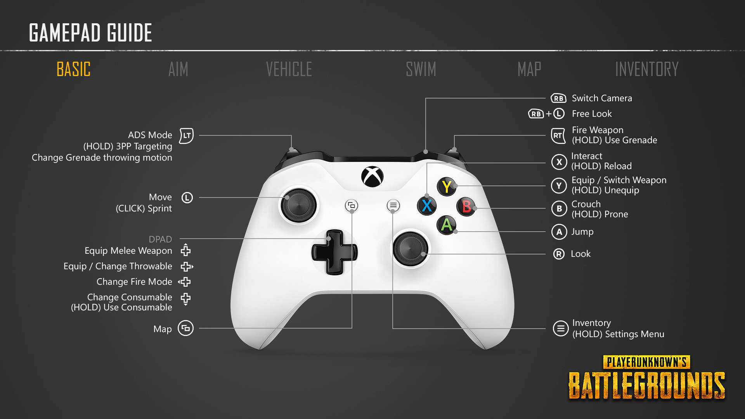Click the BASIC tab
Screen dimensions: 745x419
(74, 69)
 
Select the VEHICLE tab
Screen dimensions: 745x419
(289, 69)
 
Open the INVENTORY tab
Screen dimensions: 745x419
(647, 69)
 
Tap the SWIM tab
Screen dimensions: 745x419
(421, 69)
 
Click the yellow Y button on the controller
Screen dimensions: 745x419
(447, 187)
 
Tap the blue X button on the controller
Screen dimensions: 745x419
(427, 205)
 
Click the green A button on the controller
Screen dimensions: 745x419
(447, 225)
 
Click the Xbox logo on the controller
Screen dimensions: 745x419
(372, 177)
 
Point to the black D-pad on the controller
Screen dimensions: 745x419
(334, 252)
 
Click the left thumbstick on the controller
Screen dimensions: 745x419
(298, 206)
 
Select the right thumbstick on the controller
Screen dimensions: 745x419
(411, 248)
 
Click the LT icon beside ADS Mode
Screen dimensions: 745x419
(187, 136)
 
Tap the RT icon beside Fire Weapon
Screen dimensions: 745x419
(558, 136)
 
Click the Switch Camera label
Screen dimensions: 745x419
(602, 98)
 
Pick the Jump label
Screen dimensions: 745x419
(582, 232)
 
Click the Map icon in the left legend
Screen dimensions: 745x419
(185, 328)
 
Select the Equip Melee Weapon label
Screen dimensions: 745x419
(128, 251)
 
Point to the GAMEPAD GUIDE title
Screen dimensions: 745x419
(90, 33)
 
